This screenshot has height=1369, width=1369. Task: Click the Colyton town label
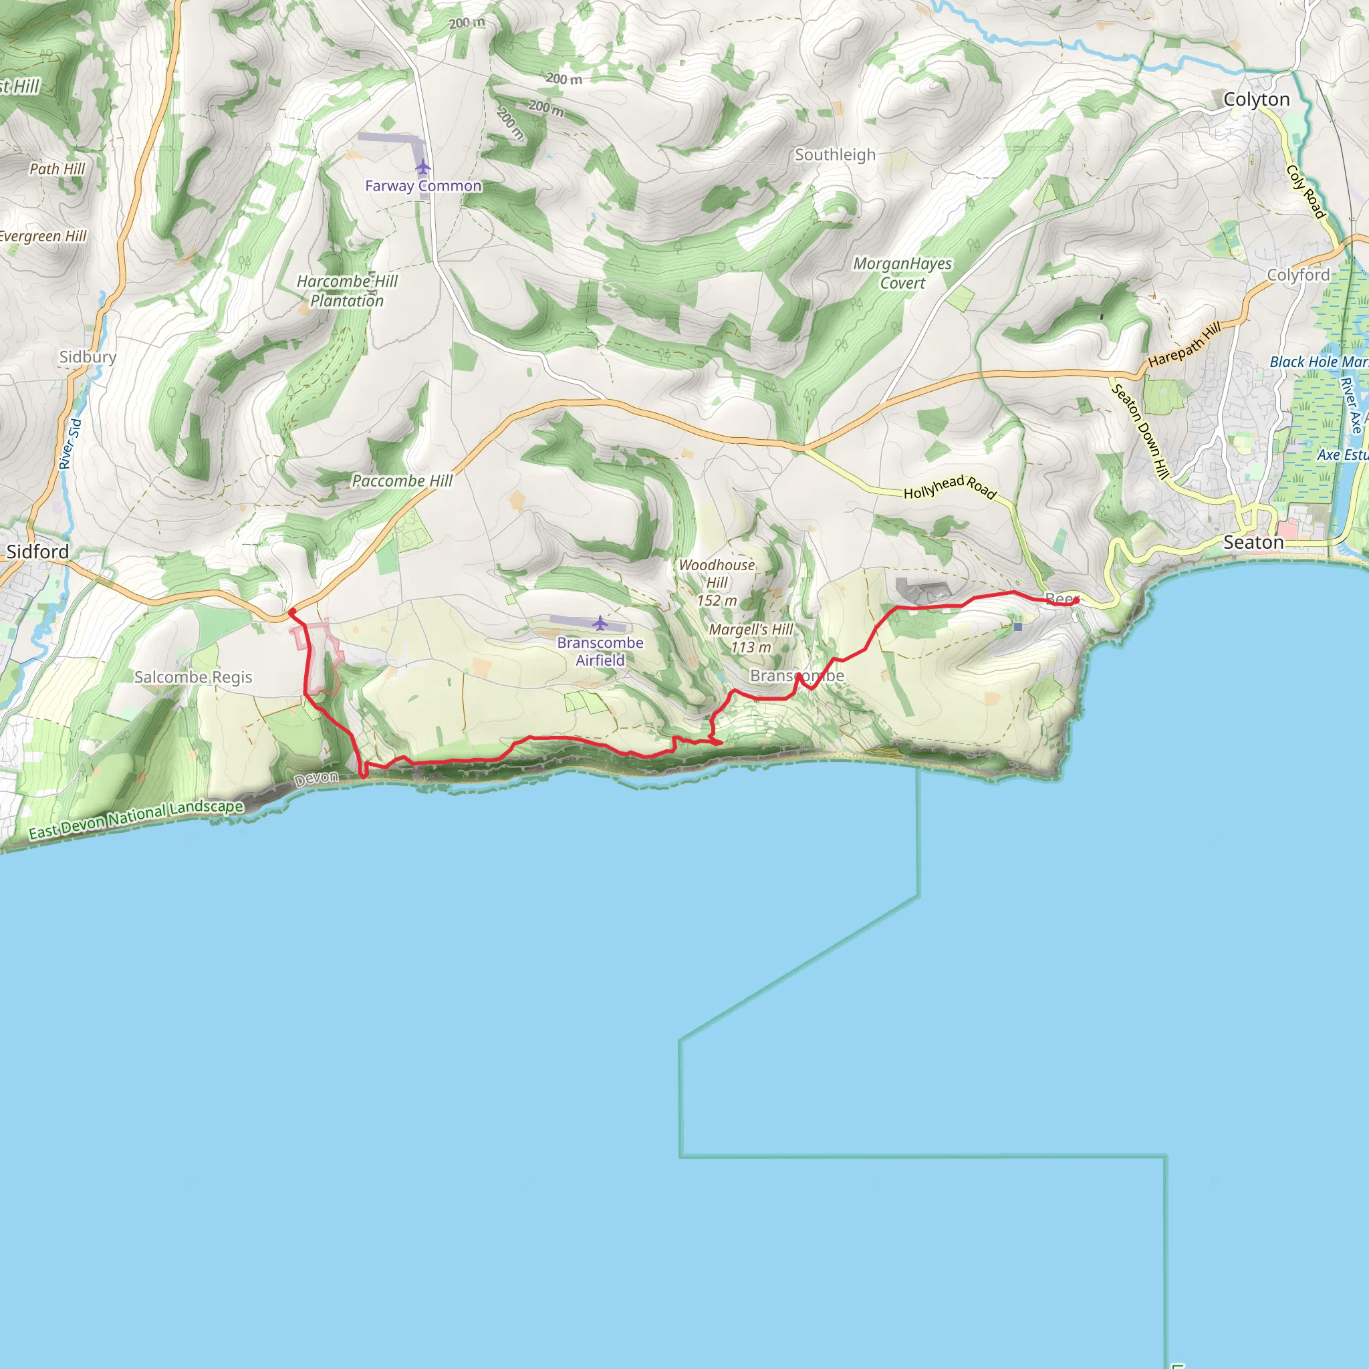point(1256,100)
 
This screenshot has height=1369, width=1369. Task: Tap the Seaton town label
point(1253,543)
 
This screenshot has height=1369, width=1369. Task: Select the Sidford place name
point(37,552)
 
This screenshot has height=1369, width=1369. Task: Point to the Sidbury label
point(88,357)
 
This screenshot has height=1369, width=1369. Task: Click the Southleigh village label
point(835,155)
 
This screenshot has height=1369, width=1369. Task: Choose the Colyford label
point(1298,275)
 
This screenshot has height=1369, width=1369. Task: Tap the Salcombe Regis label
point(193,677)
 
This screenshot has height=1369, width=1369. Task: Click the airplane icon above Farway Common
point(423,167)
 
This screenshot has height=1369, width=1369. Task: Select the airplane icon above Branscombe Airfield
point(600,624)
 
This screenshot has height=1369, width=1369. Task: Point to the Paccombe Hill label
point(402,481)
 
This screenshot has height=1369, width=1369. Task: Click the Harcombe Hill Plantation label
point(347,291)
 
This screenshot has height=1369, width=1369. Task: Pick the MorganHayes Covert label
point(902,273)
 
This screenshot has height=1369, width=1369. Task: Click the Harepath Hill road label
point(1185,344)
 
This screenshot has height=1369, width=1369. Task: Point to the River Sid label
point(70,444)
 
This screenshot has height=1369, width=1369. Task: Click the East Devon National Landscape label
point(136,819)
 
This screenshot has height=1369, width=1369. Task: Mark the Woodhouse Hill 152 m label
point(717,583)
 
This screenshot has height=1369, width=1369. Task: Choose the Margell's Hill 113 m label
point(751,638)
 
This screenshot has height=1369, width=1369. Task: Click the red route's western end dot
point(292,612)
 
